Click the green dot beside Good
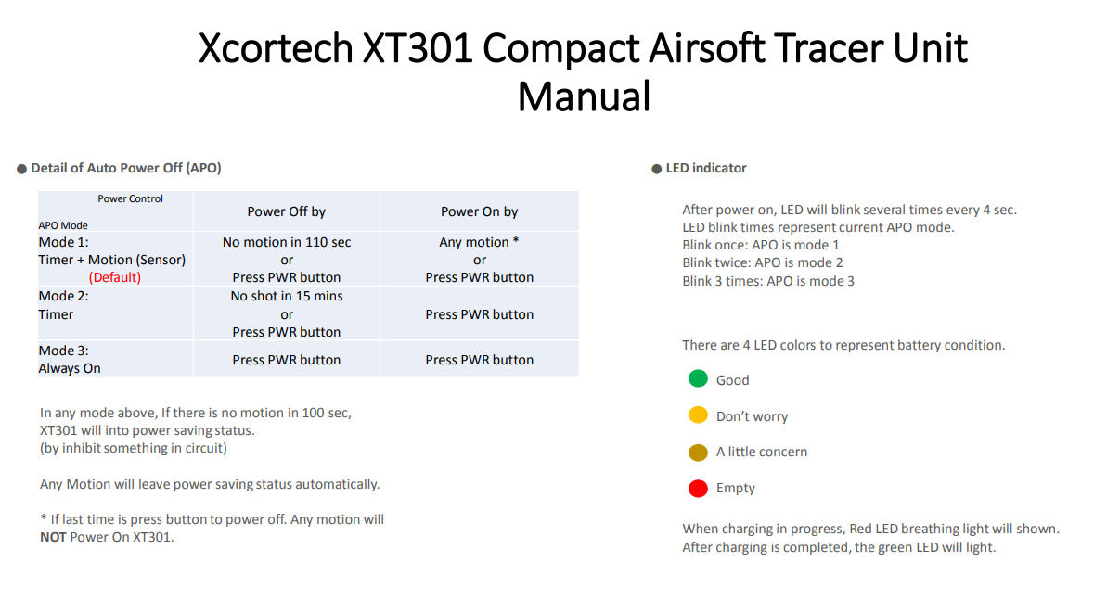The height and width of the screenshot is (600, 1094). [698, 379]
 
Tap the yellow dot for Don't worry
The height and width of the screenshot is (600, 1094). [698, 415]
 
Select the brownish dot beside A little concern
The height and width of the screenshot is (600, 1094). [698, 453]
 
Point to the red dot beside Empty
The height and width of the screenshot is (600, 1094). [698, 489]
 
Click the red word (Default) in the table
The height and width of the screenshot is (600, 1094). [114, 277]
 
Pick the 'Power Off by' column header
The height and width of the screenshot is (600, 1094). [286, 211]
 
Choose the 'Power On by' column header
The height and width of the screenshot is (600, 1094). [480, 211]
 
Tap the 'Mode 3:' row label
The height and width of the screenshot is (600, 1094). [63, 351]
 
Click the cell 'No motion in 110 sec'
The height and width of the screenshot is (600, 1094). [287, 242]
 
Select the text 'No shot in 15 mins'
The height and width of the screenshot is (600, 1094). [287, 296]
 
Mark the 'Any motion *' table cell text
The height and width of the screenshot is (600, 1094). [479, 242]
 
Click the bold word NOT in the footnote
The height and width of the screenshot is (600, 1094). [53, 537]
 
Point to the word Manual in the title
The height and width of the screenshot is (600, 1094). [584, 96]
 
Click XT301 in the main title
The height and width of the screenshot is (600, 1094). [418, 48]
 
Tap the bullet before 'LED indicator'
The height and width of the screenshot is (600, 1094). [657, 169]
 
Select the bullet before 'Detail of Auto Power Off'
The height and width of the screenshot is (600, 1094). [21, 169]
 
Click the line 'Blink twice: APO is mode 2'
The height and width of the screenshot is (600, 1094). [763, 263]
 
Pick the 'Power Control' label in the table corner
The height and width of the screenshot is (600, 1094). [131, 198]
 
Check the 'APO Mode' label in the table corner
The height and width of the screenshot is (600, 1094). [63, 225]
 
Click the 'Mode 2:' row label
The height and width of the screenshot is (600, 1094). [63, 296]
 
